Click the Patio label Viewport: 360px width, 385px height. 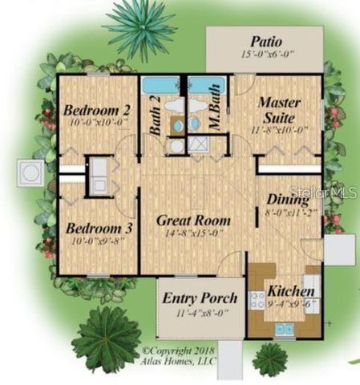pyautogui.click(x=265, y=41)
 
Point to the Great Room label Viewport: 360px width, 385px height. pyautogui.click(x=193, y=220)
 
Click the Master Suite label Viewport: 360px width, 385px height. pyautogui.click(x=278, y=110)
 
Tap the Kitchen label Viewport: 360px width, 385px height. pyautogui.click(x=291, y=290)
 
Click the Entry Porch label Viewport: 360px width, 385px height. pyautogui.click(x=200, y=298)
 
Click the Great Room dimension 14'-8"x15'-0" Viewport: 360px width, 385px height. pyautogui.click(x=193, y=233)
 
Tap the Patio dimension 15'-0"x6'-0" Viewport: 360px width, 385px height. pyautogui.click(x=265, y=55)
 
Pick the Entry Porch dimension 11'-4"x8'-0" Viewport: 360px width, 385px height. pyautogui.click(x=200, y=311)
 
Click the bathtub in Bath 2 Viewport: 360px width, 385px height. pyautogui.click(x=164, y=85)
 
